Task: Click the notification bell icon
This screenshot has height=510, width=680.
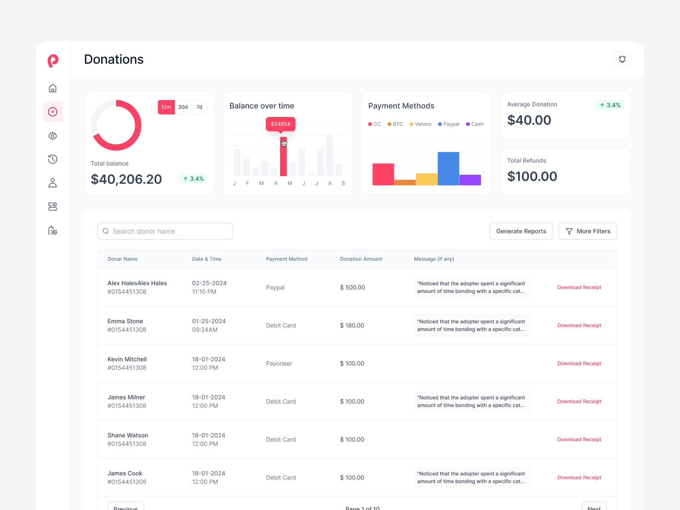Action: coord(622,59)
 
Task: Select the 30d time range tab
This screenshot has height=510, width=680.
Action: coord(183,107)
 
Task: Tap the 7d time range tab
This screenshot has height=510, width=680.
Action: coord(199,107)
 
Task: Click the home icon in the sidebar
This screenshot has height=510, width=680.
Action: coord(53,88)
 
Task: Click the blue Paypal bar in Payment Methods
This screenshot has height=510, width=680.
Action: coord(448,168)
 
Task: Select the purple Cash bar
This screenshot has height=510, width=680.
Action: coord(470,180)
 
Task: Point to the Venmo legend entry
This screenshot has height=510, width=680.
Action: coord(420,124)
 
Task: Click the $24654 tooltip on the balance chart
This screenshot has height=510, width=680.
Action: coord(280,124)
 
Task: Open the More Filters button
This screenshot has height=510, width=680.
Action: coord(587,231)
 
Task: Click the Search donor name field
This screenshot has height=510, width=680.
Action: coord(165,231)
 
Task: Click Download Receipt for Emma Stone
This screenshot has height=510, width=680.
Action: coord(579,326)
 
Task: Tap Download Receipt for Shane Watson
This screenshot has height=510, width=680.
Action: coord(579,439)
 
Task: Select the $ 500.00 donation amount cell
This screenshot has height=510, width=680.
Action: coord(352,287)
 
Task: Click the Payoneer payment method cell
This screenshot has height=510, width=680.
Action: coord(279,363)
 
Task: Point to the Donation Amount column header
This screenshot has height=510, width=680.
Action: coord(361,259)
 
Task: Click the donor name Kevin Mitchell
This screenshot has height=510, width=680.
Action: coord(127,359)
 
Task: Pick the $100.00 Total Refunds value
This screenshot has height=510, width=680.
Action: coord(532,176)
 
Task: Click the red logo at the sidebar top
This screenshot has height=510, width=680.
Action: coord(53,61)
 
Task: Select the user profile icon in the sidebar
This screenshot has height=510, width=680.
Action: coord(53,183)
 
